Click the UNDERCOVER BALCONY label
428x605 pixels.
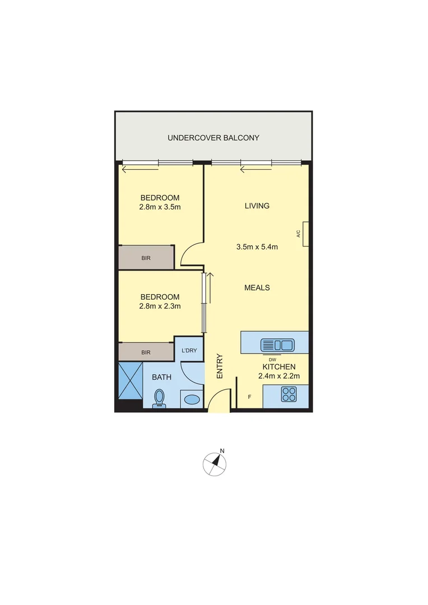[x=214, y=138]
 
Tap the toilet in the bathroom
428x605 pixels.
[x=159, y=398]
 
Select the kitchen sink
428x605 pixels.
[x=277, y=345]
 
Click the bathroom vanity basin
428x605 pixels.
[x=192, y=399]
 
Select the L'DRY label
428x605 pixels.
[x=188, y=351]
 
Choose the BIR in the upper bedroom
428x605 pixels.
[x=146, y=258]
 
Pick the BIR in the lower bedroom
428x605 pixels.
[x=146, y=352]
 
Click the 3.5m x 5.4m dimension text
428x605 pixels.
[x=257, y=246]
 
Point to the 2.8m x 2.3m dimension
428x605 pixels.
[x=160, y=306]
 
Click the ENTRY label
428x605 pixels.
[x=220, y=366]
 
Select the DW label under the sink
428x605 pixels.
[x=272, y=359]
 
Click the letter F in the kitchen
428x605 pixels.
[x=249, y=397]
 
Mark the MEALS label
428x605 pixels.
[x=257, y=287]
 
